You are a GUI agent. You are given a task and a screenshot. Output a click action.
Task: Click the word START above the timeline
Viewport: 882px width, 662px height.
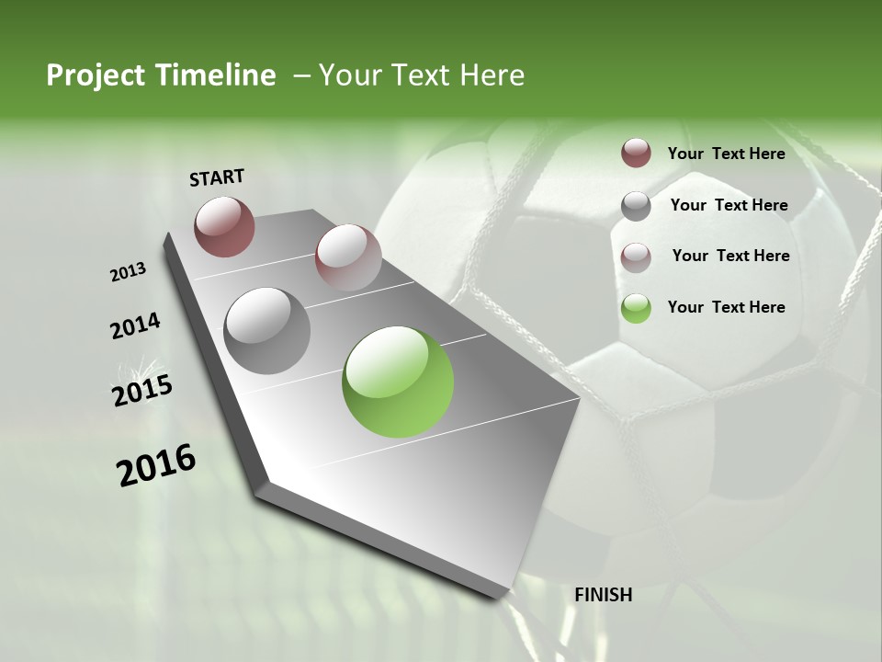point(217,177)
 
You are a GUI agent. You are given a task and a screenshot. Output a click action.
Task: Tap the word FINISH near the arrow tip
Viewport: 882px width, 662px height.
point(604,595)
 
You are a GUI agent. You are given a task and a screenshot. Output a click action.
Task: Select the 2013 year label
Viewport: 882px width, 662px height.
point(128,272)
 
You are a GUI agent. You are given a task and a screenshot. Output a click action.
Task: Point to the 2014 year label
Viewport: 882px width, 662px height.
point(135,326)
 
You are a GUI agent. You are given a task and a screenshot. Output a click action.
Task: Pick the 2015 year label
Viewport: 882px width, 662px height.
point(142,391)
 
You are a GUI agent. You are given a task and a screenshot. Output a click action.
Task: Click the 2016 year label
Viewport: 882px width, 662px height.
point(156,465)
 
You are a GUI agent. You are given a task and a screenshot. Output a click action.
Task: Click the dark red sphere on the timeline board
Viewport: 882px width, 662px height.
point(224,226)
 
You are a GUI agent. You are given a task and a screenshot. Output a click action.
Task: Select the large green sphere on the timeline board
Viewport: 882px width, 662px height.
point(398,382)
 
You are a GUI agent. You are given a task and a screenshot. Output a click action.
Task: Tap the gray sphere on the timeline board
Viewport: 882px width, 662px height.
point(267,331)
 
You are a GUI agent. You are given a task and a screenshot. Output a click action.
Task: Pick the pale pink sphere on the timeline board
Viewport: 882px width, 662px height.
point(348,257)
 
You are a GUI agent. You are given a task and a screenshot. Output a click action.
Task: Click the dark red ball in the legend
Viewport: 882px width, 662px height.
point(636,153)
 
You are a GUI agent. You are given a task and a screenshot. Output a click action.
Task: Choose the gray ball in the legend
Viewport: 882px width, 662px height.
point(636,206)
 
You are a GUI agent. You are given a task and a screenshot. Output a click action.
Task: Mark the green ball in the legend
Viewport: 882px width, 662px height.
point(636,308)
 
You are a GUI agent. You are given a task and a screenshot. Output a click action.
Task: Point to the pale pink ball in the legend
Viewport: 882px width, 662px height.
point(636,257)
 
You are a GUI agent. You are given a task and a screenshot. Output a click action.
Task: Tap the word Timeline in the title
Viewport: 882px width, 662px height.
point(216,75)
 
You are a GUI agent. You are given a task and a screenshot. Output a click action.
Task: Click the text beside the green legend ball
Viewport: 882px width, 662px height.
point(726,307)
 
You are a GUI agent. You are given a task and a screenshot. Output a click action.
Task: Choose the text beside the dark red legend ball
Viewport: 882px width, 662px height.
point(726,154)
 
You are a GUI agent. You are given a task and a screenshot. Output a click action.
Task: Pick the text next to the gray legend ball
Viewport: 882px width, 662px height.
point(729,205)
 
